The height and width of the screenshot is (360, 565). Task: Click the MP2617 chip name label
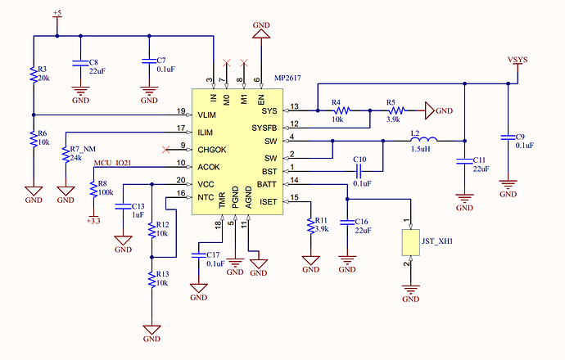click(287, 78)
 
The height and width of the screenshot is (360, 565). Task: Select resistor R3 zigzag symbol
click(34, 75)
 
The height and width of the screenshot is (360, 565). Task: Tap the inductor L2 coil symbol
click(424, 140)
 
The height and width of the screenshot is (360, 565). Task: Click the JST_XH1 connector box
click(411, 243)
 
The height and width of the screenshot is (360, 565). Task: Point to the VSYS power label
click(518, 60)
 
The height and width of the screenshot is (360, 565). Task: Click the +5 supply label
click(57, 13)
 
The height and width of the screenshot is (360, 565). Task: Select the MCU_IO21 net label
click(112, 163)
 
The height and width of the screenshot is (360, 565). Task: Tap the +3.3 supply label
click(93, 221)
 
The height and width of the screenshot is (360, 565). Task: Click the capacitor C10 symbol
click(358, 171)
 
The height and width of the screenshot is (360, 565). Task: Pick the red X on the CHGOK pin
click(165, 150)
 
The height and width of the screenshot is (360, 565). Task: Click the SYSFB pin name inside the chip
click(264, 128)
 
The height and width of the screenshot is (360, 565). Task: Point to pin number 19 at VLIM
click(181, 111)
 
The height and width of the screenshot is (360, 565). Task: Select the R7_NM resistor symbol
click(66, 154)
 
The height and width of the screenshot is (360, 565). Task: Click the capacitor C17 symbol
click(198, 255)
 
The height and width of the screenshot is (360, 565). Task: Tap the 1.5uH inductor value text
click(421, 149)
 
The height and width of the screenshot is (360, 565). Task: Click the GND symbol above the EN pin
click(261, 34)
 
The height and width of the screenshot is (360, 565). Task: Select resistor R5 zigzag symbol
click(396, 111)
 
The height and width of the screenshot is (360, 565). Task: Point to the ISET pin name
click(269, 202)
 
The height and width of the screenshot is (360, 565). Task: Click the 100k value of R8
click(106, 192)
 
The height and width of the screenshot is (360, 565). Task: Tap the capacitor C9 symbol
click(508, 137)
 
